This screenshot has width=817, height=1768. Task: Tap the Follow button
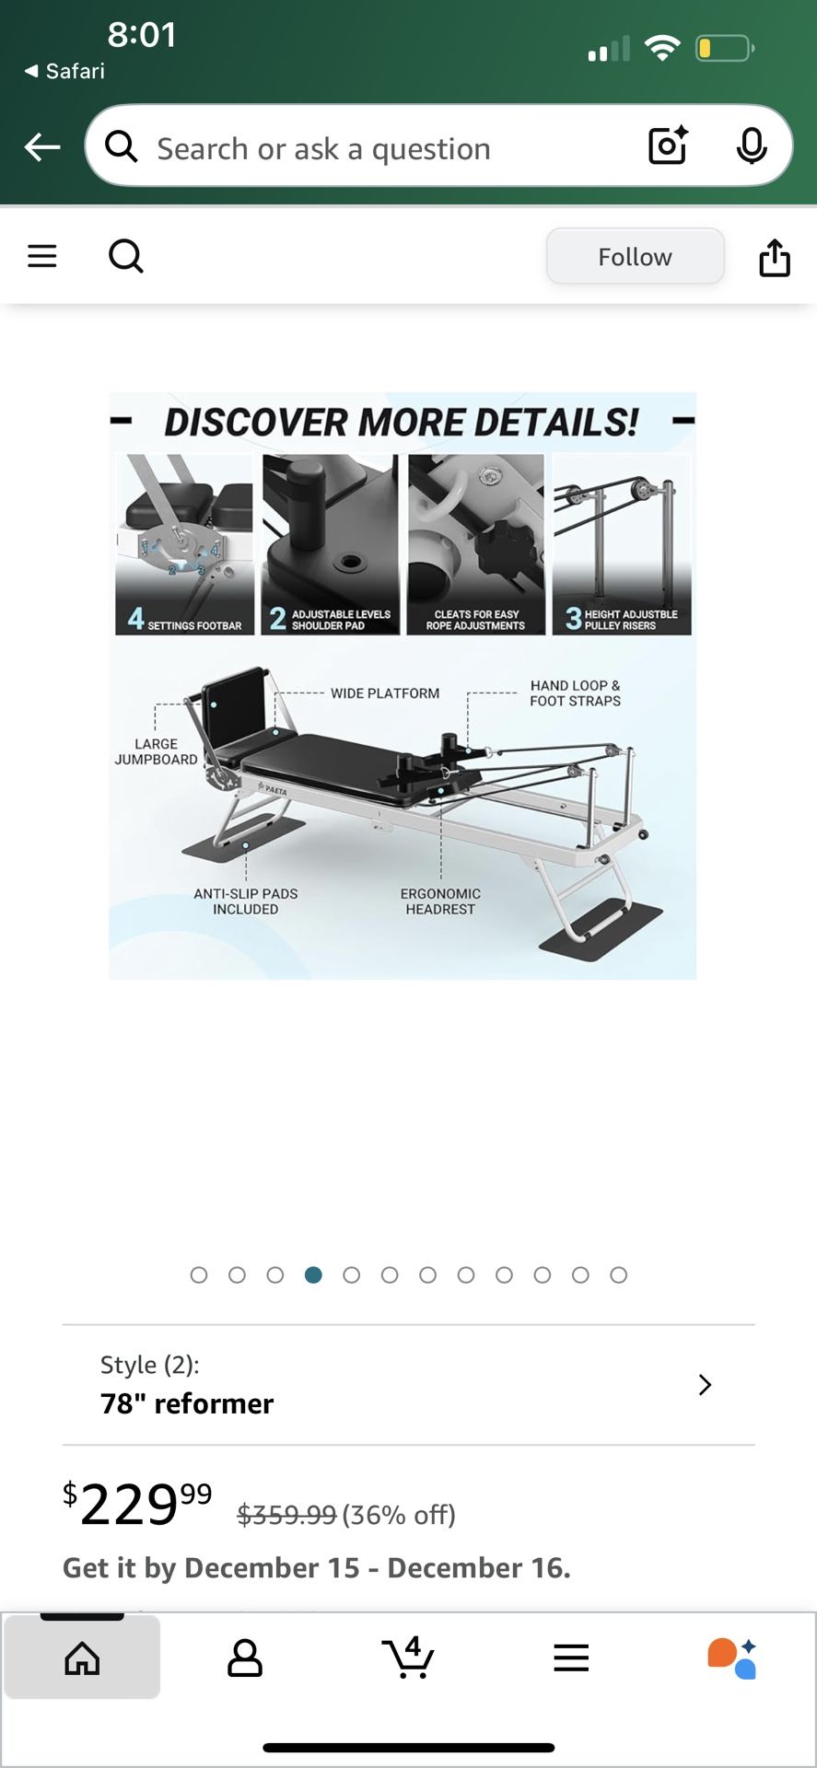(635, 257)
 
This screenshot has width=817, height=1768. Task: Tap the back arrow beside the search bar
(42, 146)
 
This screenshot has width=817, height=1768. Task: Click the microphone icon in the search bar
(752, 146)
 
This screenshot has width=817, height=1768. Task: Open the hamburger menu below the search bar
(42, 256)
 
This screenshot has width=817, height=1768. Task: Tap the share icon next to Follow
(775, 258)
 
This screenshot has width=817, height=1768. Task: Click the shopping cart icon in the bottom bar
(408, 1657)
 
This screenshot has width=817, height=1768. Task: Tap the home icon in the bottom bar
(82, 1657)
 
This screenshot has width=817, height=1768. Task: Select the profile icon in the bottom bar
(245, 1657)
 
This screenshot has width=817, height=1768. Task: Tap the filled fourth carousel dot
(313, 1274)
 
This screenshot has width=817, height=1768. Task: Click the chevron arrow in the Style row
(705, 1385)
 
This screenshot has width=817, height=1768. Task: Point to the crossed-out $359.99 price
(286, 1515)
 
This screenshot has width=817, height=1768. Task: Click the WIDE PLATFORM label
(385, 693)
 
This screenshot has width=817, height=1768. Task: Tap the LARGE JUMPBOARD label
(156, 751)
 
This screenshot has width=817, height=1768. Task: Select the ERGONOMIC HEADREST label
(440, 901)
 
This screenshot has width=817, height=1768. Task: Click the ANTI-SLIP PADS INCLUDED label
(246, 901)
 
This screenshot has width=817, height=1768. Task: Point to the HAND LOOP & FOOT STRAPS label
(575, 693)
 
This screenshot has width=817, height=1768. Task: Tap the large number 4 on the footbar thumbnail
(136, 618)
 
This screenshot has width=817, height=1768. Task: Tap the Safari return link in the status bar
(64, 71)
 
